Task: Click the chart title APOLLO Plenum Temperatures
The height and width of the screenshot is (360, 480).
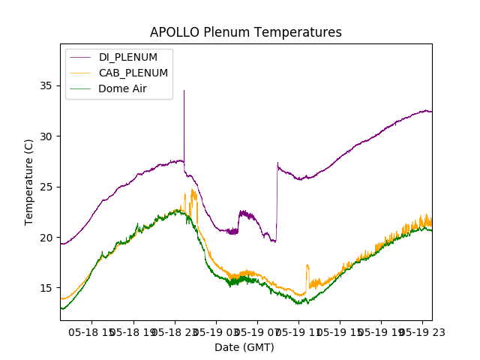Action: tap(245, 32)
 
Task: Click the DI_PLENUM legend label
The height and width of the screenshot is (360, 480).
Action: tap(128, 57)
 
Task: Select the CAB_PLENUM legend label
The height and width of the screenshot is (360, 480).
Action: tap(133, 73)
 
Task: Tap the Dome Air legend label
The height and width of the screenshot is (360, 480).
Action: tap(122, 88)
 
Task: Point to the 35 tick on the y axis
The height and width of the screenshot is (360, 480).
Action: tap(47, 85)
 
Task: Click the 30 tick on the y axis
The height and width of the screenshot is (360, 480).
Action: tap(47, 136)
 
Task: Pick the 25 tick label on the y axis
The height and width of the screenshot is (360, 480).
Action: tap(47, 187)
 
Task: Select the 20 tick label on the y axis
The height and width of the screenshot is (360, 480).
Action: tap(47, 237)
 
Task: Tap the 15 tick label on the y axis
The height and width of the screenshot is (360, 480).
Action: tap(47, 288)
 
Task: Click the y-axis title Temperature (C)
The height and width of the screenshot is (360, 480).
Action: tap(29, 182)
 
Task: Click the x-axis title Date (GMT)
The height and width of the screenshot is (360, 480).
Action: tap(244, 347)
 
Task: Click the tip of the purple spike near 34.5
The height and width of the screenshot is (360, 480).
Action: tap(184, 91)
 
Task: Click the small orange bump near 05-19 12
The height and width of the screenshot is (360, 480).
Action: tap(307, 266)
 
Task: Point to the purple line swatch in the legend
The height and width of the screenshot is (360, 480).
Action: tap(81, 57)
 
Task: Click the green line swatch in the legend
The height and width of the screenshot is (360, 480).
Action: tap(81, 88)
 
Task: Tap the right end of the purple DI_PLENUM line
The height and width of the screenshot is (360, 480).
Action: tap(431, 111)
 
